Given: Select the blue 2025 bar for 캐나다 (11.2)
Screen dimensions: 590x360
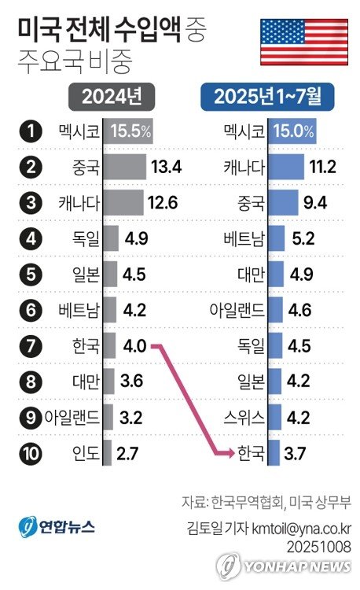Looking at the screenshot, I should (x=287, y=167).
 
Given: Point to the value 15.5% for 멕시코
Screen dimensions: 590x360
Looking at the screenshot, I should (x=130, y=131).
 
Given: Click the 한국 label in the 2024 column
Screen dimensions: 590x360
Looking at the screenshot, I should (x=84, y=345).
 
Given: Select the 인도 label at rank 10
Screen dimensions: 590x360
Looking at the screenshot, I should (x=84, y=452).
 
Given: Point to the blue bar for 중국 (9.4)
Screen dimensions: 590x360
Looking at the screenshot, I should (x=283, y=202).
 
